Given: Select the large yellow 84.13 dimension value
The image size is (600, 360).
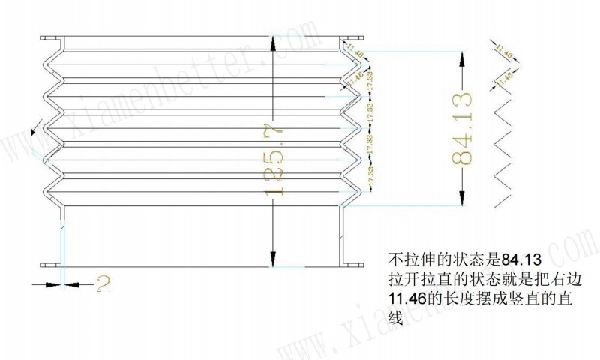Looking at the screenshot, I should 461,127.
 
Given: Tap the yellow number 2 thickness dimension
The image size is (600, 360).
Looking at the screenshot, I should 103,283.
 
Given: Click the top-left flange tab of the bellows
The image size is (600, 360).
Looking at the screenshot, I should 51,39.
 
